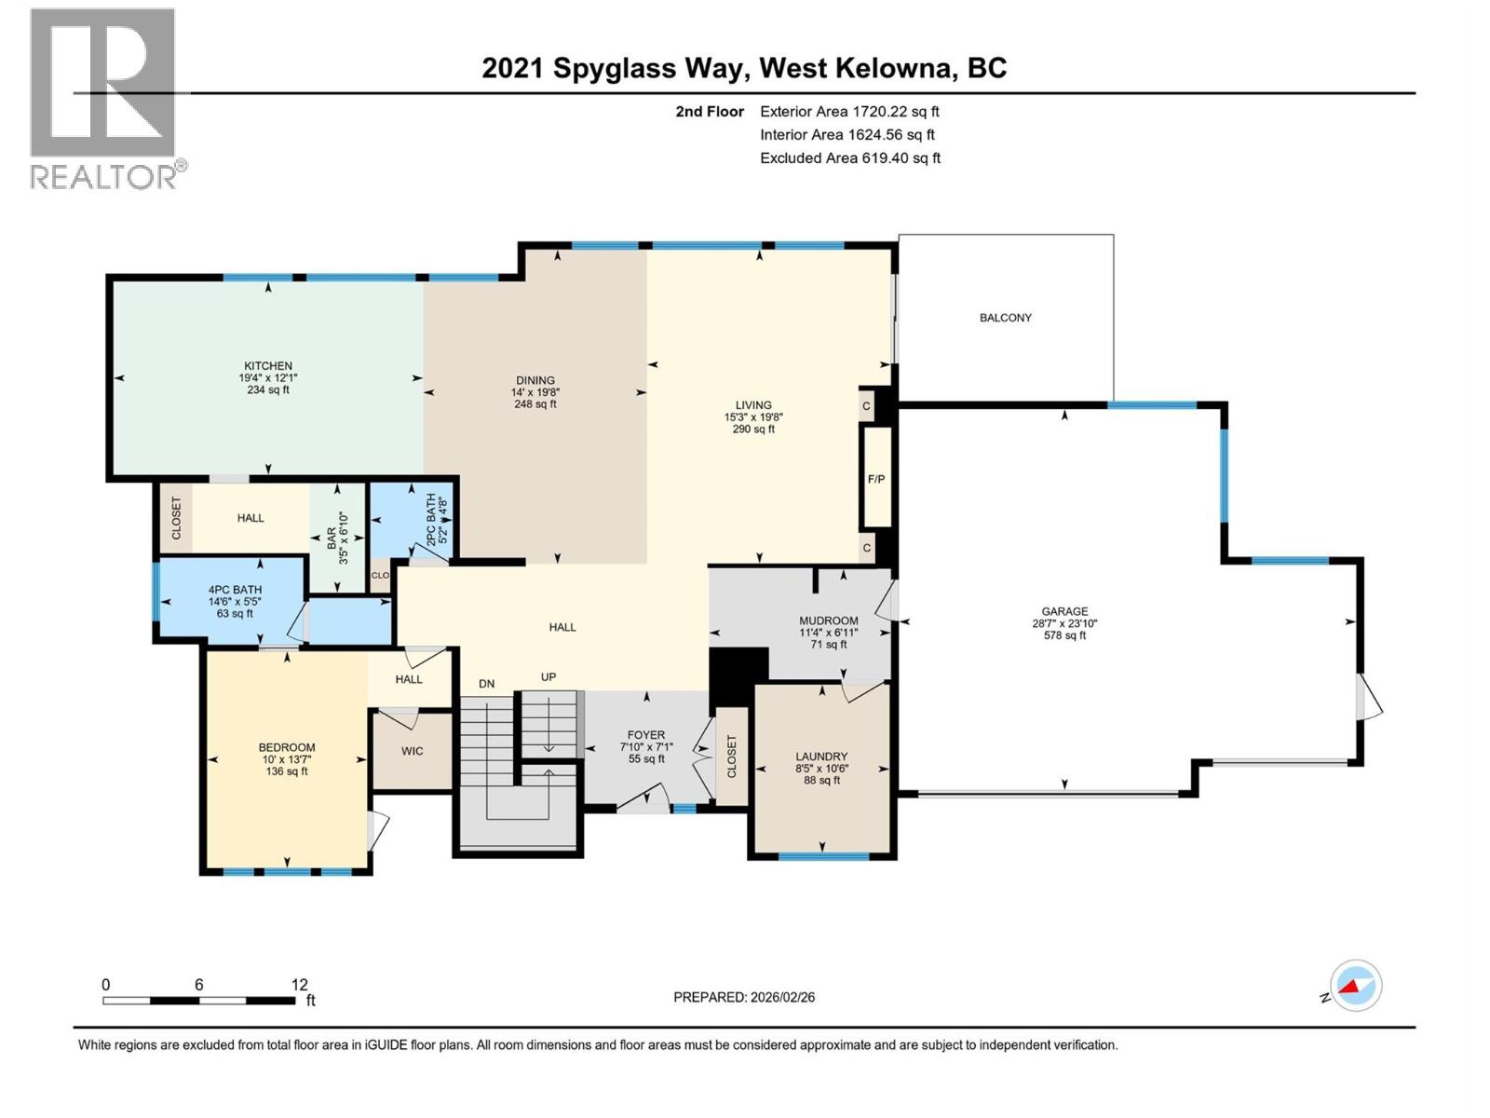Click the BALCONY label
point(1005,318)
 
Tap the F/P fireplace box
point(875,479)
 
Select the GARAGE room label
point(1063,612)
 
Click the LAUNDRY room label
point(821,757)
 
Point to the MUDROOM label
point(828,620)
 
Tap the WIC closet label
point(412,751)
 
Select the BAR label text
point(332,539)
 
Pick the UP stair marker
point(549,677)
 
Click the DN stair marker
point(486,684)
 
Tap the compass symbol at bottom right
point(1356,986)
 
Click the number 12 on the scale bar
point(299,984)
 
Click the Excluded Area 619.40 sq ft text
point(849,158)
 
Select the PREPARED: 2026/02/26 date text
point(744,997)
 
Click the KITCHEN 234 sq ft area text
point(267,390)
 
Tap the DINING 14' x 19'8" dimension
point(535,392)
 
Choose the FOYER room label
point(645,735)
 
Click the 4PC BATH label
point(235,590)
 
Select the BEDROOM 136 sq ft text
point(287,771)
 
